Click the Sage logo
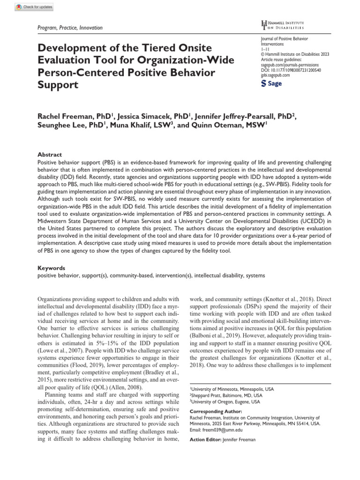pos(271,83)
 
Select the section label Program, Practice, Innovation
pos(70,28)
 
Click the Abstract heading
pos(49,154)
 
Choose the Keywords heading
pos(52,268)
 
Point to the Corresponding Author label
pos(216,411)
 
